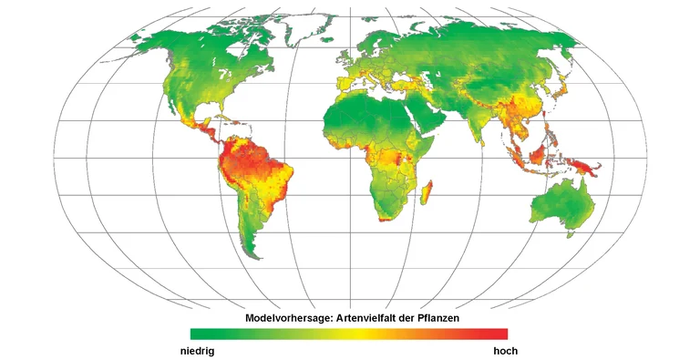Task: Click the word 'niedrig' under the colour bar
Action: point(196,349)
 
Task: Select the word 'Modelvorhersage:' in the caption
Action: point(290,318)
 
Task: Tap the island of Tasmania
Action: point(571,233)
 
